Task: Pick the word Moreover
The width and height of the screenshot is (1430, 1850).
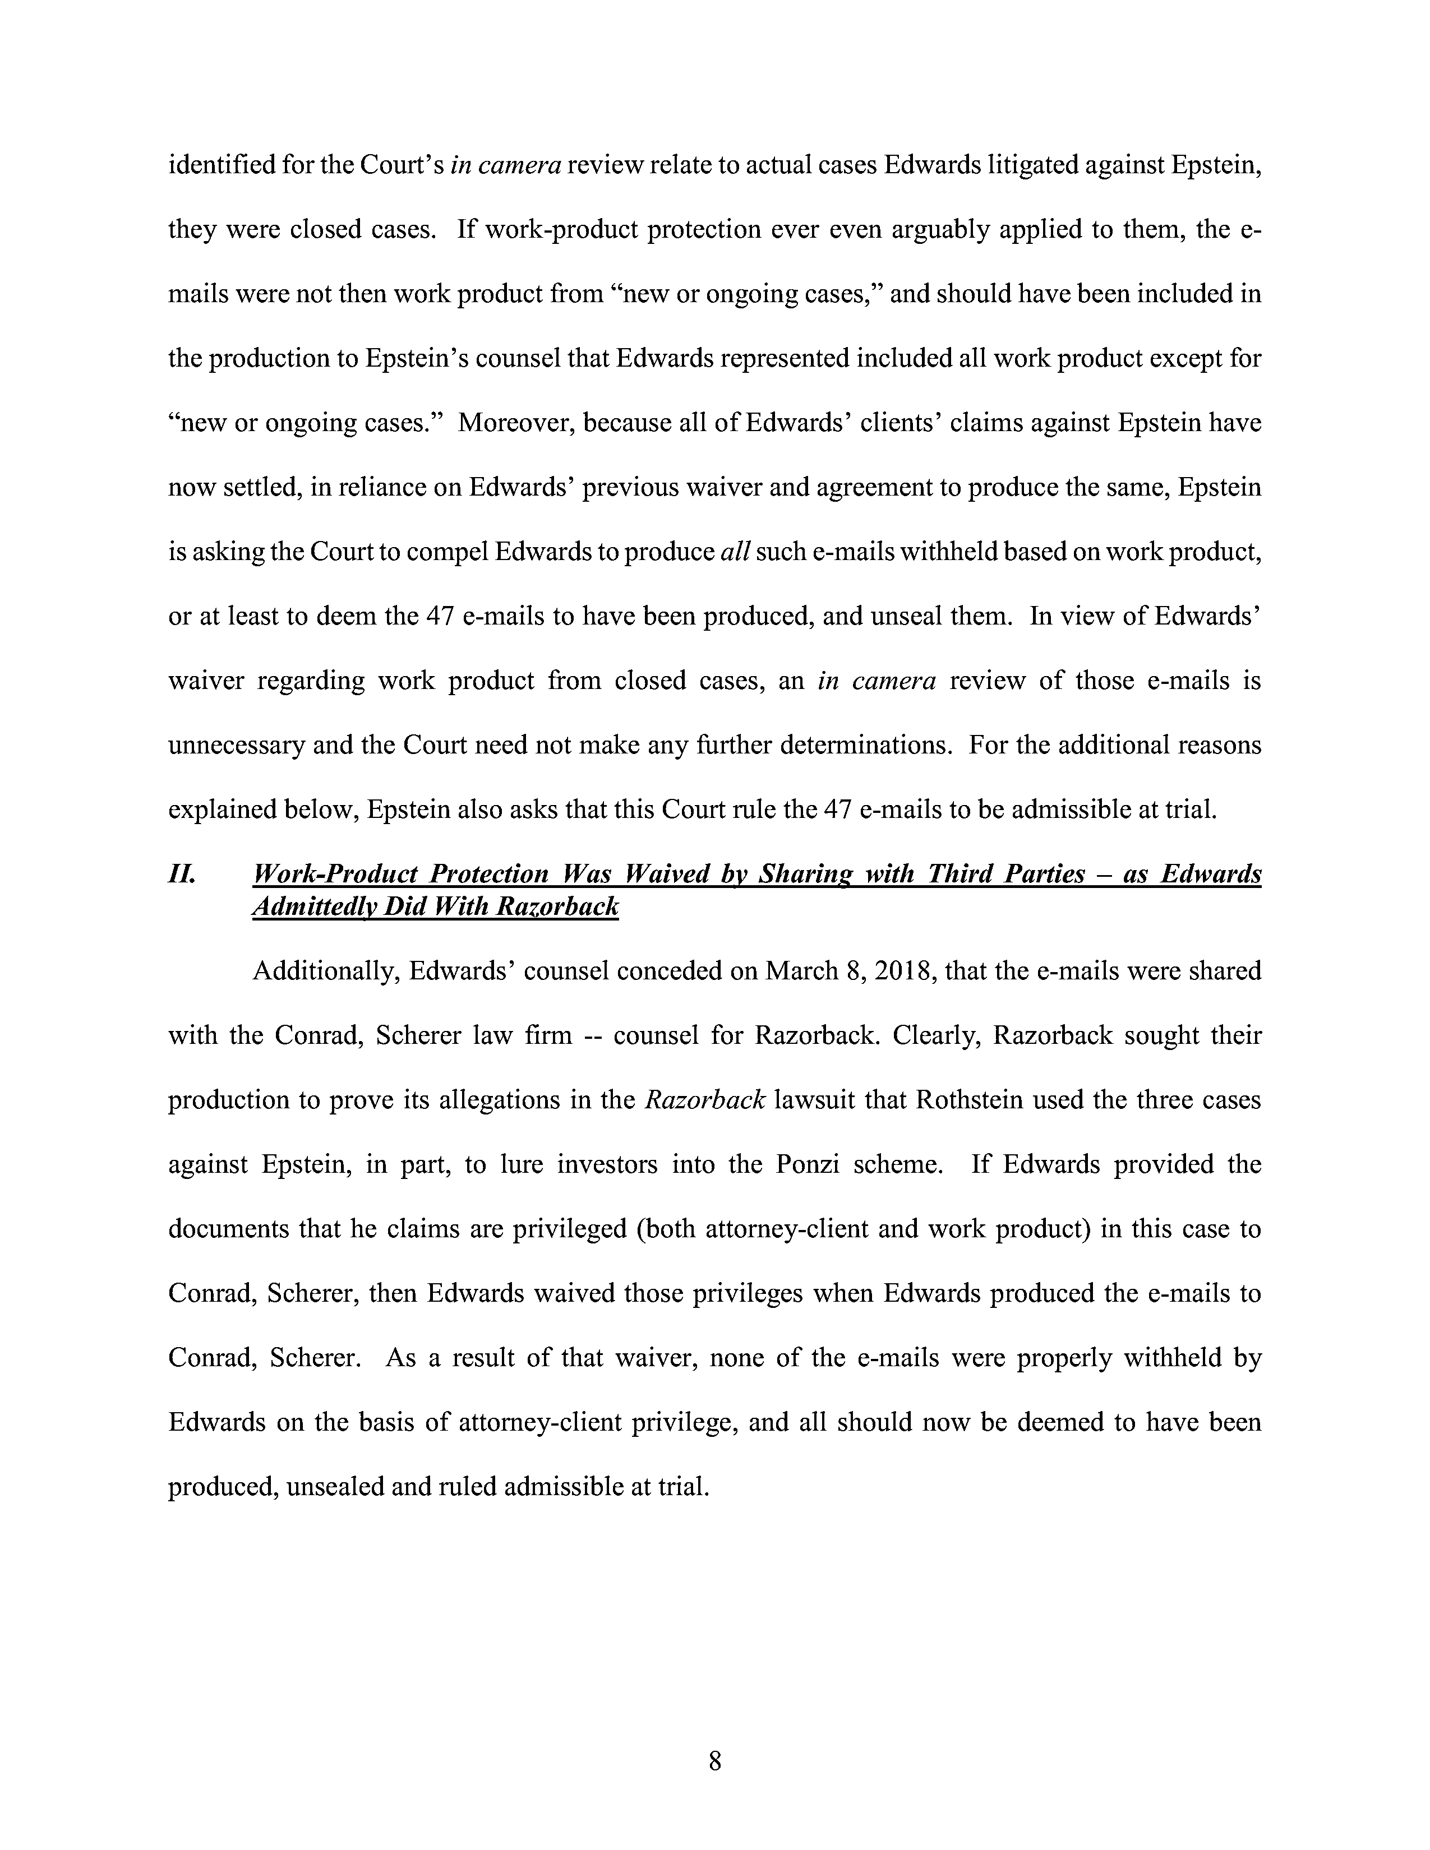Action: (x=513, y=423)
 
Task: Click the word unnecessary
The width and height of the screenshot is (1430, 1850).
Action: (x=236, y=746)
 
